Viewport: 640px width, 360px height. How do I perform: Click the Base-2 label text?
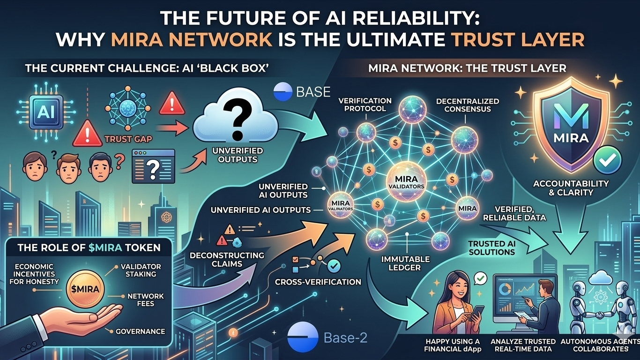(345, 337)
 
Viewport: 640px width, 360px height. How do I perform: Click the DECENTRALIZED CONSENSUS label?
(467, 105)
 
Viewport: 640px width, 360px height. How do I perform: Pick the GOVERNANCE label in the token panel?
(141, 331)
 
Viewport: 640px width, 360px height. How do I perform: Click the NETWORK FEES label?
(146, 300)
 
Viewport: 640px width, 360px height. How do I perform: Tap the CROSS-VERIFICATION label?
(318, 282)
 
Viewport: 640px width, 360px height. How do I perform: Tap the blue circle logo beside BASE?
(282, 92)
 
